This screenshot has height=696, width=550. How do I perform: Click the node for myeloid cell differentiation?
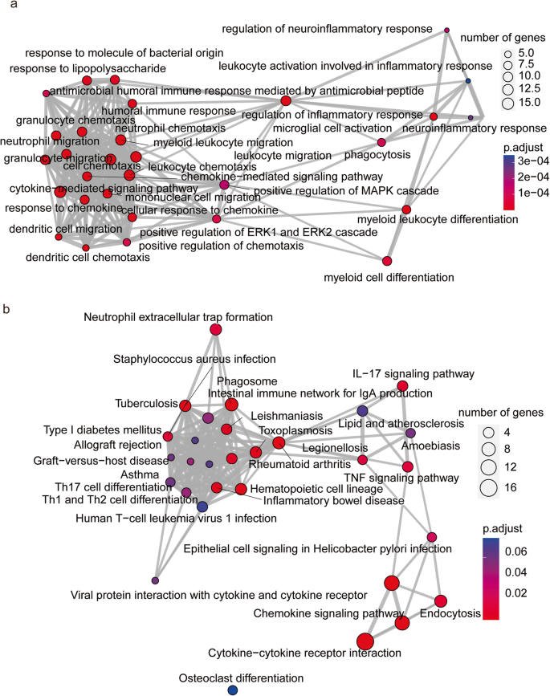pyautogui.click(x=387, y=261)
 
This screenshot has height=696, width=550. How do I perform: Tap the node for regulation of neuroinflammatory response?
pyautogui.click(x=446, y=31)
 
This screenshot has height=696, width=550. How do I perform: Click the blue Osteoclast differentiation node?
pyautogui.click(x=233, y=690)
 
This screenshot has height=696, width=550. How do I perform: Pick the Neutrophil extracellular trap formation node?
pyautogui.click(x=215, y=329)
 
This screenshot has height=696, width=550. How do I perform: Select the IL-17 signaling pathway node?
pyautogui.click(x=404, y=387)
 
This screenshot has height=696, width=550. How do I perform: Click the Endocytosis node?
pyautogui.click(x=440, y=600)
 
